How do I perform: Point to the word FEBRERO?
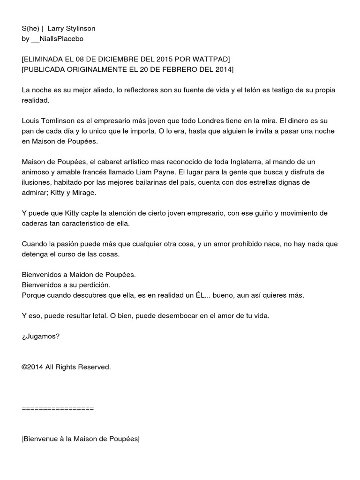165,70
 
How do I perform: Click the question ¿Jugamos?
41,337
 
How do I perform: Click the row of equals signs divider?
58,408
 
